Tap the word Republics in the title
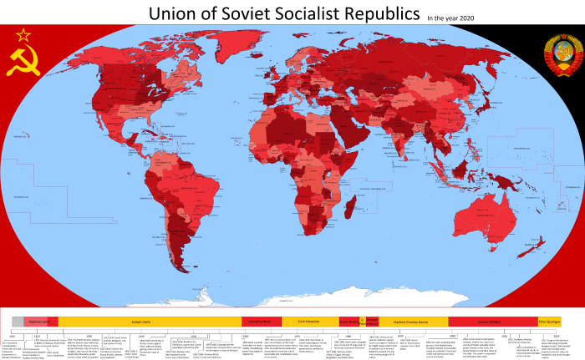[379, 14]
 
